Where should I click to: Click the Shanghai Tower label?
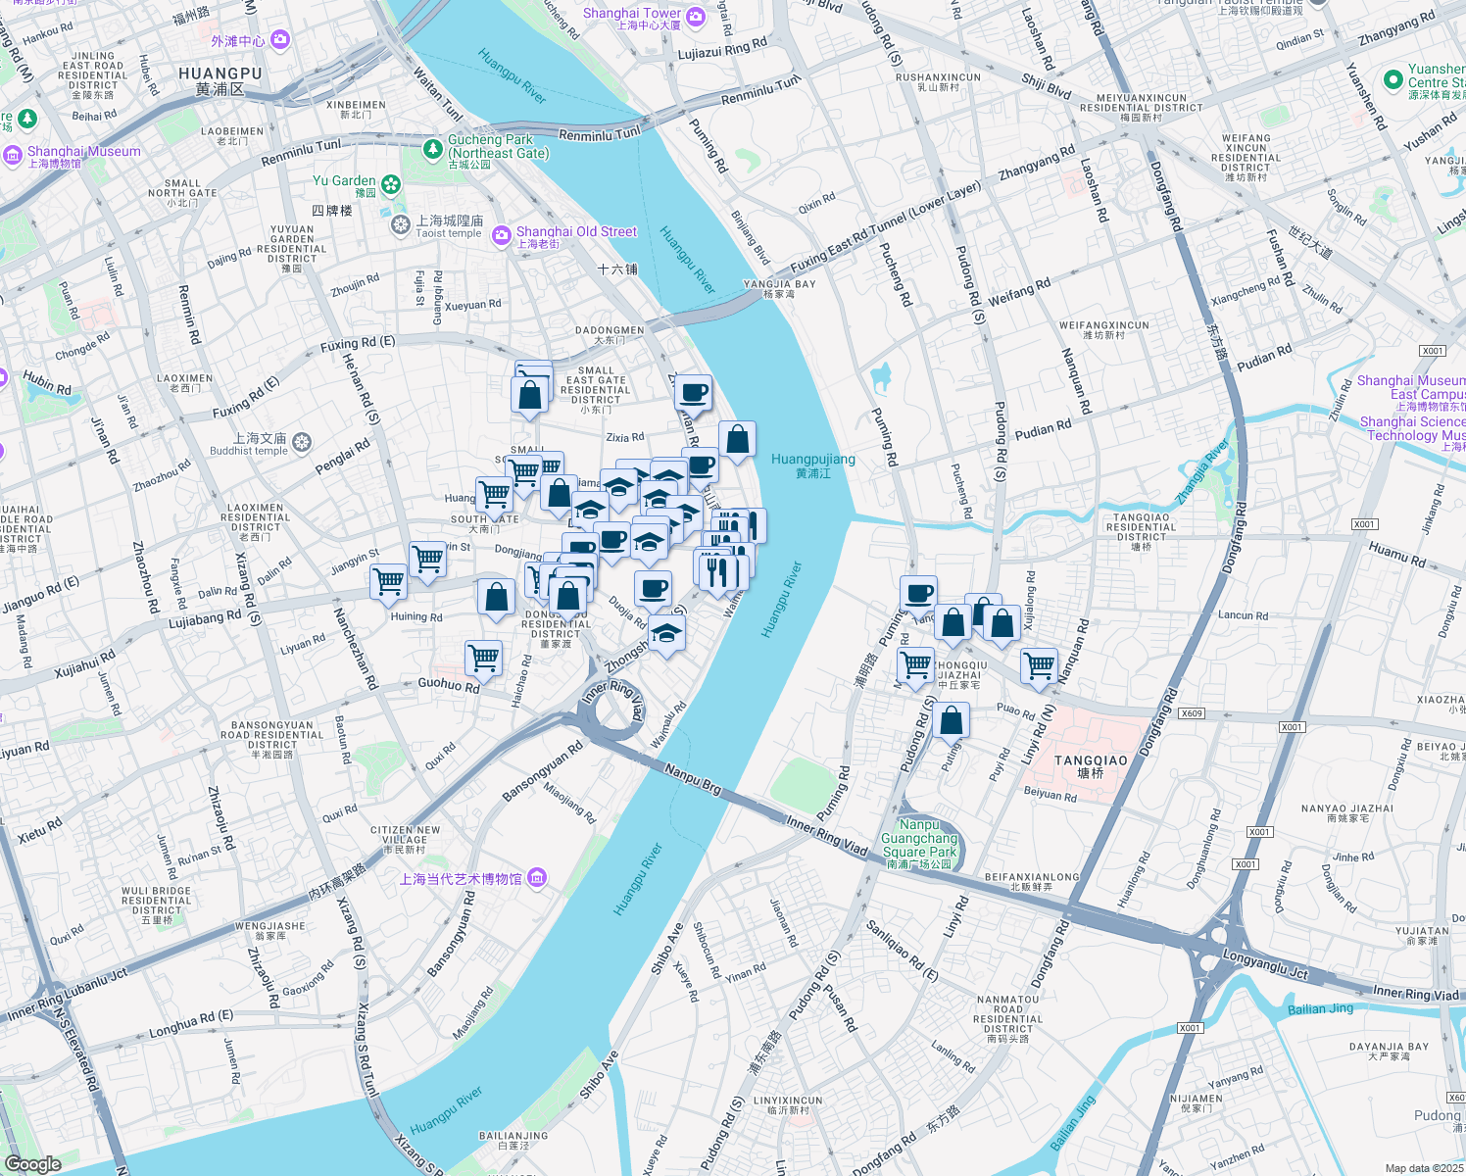click(x=632, y=14)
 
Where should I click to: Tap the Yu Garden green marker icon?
click(x=391, y=184)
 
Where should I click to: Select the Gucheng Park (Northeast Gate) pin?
click(x=433, y=149)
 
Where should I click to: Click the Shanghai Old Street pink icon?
click(x=501, y=234)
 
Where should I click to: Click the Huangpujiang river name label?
click(x=812, y=460)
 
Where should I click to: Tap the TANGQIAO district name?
click(x=1091, y=760)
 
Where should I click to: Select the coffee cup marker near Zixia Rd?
click(x=694, y=392)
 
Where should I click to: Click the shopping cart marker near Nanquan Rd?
click(x=1039, y=664)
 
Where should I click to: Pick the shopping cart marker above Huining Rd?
click(x=389, y=581)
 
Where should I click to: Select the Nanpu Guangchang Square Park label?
click(x=919, y=839)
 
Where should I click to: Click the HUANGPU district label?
click(x=220, y=73)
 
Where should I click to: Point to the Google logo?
click(x=32, y=1163)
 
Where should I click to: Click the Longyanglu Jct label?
click(x=1265, y=964)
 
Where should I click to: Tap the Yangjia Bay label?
click(x=779, y=284)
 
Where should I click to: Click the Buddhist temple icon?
click(x=301, y=443)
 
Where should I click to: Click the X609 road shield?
click(x=1191, y=713)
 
